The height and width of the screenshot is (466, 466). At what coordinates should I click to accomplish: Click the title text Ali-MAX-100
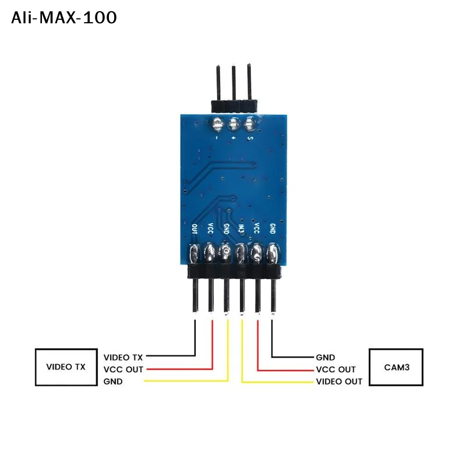pyautogui.click(x=64, y=17)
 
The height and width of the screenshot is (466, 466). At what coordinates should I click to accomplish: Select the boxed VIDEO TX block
pyautogui.click(x=65, y=367)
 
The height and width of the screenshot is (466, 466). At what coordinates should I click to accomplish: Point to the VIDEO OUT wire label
pyautogui.click(x=338, y=382)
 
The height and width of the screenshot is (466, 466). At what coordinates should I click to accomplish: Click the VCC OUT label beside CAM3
pyautogui.click(x=336, y=369)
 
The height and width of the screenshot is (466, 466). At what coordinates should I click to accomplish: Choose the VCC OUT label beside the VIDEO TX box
pyautogui.click(x=123, y=369)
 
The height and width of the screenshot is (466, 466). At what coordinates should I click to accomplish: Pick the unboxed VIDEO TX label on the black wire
pyautogui.click(x=123, y=356)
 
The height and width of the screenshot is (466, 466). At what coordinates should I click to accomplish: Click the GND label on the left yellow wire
pyautogui.click(x=113, y=382)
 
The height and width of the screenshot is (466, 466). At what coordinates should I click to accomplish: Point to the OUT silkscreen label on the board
pyautogui.click(x=195, y=230)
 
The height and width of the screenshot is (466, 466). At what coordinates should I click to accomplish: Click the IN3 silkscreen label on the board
pyautogui.click(x=241, y=230)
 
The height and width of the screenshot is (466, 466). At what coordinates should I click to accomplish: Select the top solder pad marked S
pyautogui.click(x=250, y=123)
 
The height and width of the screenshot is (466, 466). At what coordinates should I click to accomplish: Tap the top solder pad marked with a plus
pyautogui.click(x=234, y=123)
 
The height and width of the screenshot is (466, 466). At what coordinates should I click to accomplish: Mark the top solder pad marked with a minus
pyautogui.click(x=218, y=123)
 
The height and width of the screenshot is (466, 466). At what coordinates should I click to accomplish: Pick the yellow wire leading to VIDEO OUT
pyautogui.click(x=242, y=349)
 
